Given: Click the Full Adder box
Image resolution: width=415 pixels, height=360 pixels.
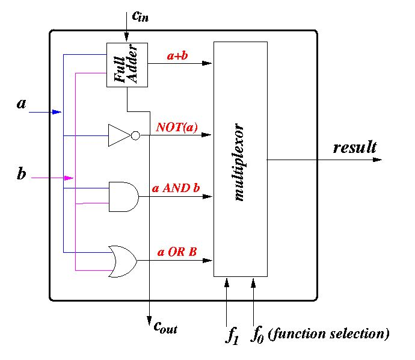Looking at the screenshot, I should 127,65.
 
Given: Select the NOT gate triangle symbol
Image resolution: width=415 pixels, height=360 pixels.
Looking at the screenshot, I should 118,135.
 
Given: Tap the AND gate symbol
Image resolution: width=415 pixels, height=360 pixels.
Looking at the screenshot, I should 123,196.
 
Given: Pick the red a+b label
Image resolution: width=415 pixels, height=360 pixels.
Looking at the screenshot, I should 179,55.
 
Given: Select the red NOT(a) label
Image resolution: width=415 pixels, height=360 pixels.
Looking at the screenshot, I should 177,127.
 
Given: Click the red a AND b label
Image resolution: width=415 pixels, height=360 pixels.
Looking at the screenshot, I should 176,188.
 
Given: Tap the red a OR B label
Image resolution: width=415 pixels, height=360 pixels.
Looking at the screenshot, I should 177,252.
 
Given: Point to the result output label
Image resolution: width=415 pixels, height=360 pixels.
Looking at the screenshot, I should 354,147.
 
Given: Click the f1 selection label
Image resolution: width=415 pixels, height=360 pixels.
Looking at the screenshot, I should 232,335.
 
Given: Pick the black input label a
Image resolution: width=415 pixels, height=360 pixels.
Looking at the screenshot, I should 22,104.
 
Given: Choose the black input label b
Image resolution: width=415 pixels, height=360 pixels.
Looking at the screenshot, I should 21,175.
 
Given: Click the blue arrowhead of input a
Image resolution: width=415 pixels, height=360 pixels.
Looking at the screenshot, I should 57,112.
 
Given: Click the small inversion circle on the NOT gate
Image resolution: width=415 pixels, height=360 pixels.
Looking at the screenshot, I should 135,135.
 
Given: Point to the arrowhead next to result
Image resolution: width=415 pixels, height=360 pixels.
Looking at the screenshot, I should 377,160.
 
